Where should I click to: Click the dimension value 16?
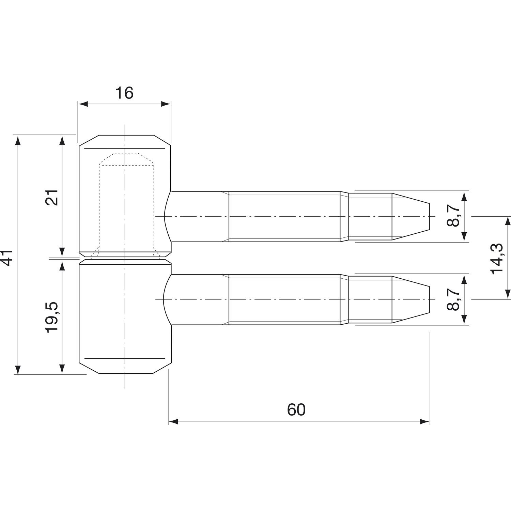tap(124, 93)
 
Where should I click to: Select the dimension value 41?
tap(7, 257)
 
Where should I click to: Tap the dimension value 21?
tap(53, 197)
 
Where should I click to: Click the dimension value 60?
tap(296, 410)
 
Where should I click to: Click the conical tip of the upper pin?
tap(411, 216)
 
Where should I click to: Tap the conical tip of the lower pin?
tap(411, 299)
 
